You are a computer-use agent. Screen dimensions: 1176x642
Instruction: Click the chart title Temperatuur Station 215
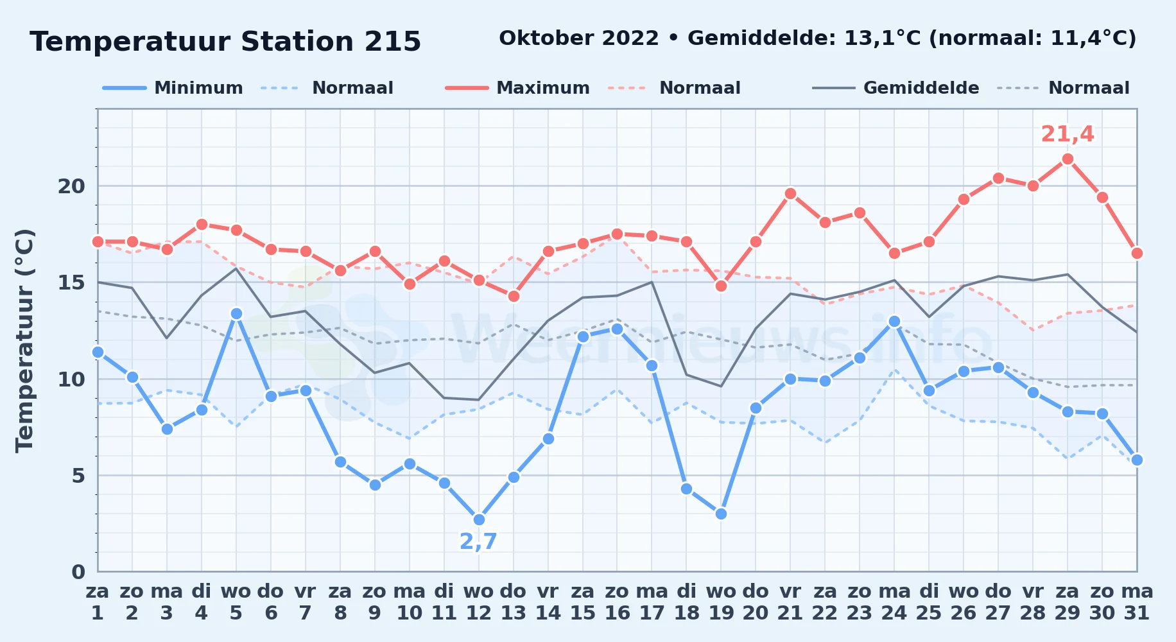(225, 42)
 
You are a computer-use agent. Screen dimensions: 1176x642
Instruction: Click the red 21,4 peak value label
(1068, 134)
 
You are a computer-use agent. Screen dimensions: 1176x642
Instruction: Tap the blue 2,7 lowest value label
(478, 542)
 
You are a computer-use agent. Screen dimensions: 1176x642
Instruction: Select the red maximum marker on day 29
(1068, 159)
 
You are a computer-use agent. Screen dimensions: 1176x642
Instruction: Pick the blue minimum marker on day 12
(479, 520)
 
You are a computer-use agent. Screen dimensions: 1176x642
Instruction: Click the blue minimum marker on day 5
(236, 314)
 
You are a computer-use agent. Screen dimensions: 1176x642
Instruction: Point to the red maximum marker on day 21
(790, 194)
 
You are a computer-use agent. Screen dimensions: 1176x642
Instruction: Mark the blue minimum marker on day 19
(721, 514)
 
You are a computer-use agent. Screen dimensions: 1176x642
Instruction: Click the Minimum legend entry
(173, 88)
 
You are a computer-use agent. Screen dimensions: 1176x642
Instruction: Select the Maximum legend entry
(517, 88)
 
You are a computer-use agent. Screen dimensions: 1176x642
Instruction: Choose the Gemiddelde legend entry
(895, 88)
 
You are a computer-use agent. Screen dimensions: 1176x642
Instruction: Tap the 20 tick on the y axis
(71, 186)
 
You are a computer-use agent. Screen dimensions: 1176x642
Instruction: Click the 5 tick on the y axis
(78, 476)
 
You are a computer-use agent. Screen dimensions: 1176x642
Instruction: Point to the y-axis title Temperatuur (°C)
(24, 340)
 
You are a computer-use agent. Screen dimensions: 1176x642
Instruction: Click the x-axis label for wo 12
(479, 602)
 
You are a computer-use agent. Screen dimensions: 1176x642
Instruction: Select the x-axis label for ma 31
(1137, 602)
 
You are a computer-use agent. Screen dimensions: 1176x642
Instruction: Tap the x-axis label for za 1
(98, 602)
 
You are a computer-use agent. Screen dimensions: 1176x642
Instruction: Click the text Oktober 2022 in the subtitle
(579, 39)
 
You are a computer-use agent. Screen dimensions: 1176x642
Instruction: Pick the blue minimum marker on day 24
(894, 322)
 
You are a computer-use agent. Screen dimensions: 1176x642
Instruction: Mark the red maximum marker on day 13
(514, 297)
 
